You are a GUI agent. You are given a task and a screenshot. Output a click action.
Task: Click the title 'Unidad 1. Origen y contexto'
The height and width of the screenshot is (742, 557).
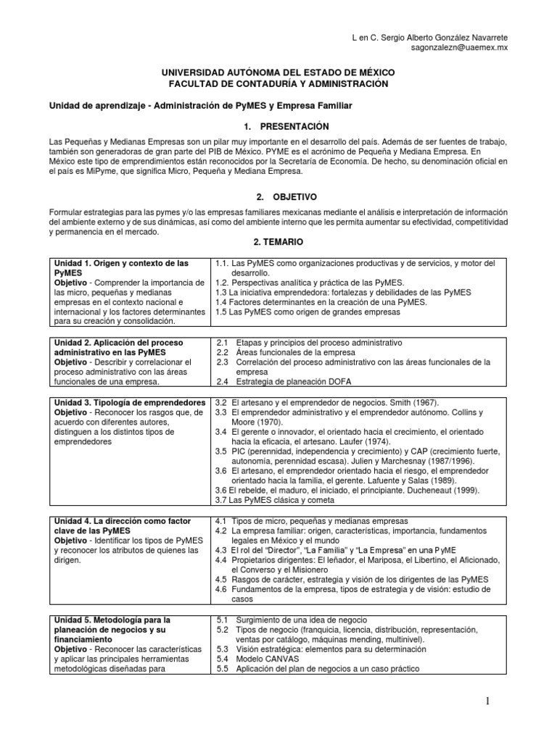pos(121,262)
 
